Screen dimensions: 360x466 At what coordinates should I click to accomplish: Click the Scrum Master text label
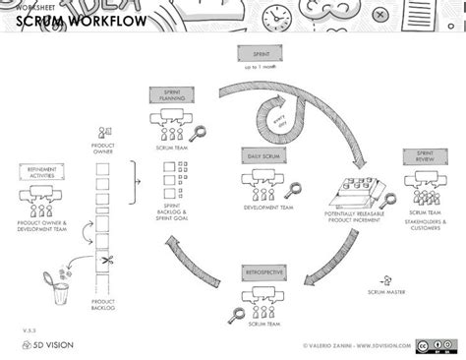point(390,292)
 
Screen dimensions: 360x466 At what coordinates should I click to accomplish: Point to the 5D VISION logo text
point(48,346)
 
